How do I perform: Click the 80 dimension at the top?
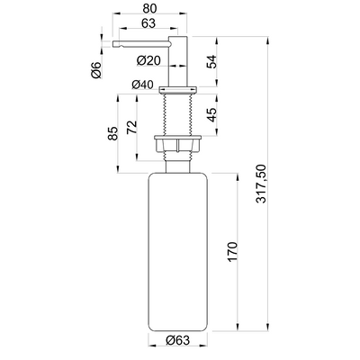coord(149,8)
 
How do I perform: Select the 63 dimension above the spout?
coord(148,23)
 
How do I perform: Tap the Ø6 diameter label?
coord(96,70)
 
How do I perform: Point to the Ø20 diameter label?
coord(148,61)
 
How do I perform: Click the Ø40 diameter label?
coord(142,85)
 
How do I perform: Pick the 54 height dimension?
coord(211,62)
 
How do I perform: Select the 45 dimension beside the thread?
coord(211,115)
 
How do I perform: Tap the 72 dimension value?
coord(131,128)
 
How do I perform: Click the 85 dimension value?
coord(113,133)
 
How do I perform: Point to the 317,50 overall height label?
coord(261,184)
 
